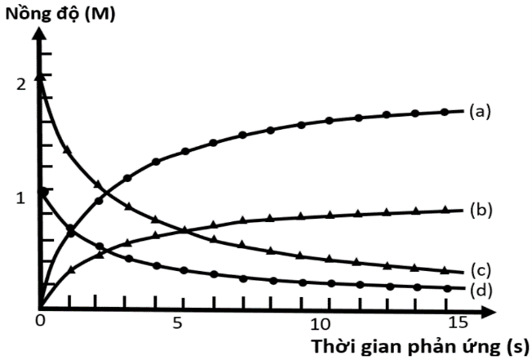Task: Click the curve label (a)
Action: point(479,110)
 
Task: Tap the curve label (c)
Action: point(479,271)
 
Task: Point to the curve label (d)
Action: point(479,289)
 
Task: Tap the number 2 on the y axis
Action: point(20,83)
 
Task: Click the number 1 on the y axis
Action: point(20,196)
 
